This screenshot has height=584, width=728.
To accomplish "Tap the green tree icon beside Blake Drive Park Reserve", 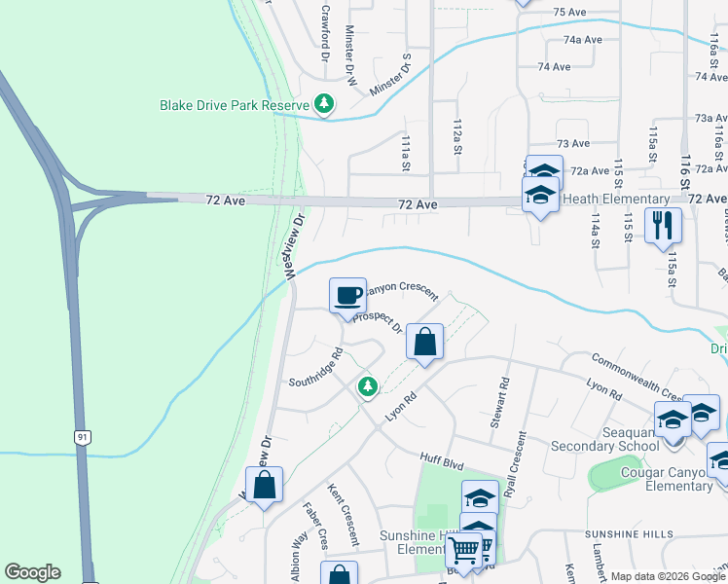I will (324, 103).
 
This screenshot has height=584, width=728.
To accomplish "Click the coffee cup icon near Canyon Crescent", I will (347, 295).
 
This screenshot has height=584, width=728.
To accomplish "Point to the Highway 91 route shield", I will (83, 437).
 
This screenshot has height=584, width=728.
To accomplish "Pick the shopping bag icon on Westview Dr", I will (264, 485).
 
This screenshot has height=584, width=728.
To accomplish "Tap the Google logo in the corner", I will (32, 572).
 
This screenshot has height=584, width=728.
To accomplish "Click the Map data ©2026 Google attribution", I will (669, 576).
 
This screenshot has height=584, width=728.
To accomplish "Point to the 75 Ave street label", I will (572, 12).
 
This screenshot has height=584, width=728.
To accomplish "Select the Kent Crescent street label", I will (344, 514).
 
